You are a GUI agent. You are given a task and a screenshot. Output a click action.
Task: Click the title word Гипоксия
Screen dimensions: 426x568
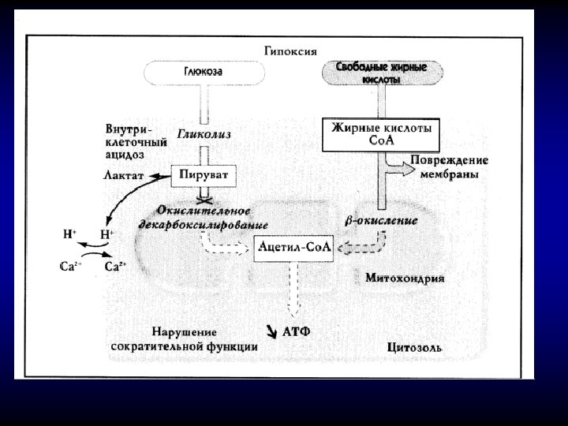(290, 51)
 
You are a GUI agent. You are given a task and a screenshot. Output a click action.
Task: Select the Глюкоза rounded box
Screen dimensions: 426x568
(204, 73)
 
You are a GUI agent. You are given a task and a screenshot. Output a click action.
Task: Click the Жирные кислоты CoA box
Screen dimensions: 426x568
(380, 134)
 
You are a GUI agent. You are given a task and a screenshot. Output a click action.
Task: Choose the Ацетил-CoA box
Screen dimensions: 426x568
(294, 248)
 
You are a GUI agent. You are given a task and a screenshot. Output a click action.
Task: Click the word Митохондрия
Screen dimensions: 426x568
(405, 278)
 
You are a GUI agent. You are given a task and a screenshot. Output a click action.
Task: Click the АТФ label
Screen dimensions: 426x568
(296, 332)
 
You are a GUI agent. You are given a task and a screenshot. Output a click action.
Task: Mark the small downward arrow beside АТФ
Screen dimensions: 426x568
(272, 332)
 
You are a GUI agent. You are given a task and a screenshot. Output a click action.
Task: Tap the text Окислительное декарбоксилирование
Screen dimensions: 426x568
(204, 217)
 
